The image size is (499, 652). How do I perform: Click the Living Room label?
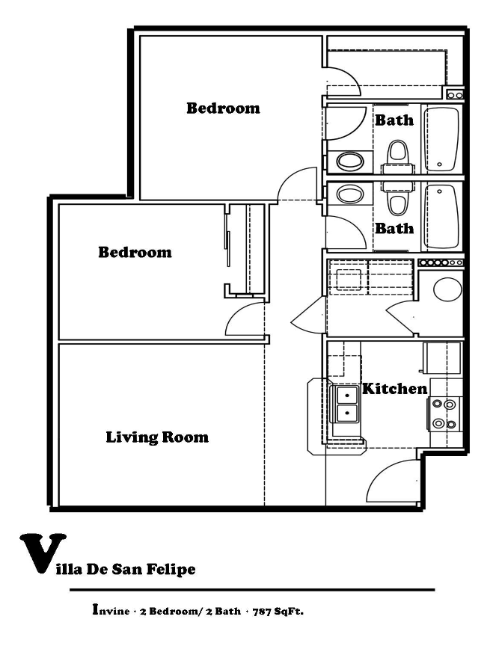click(x=157, y=437)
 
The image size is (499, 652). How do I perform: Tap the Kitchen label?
click(x=395, y=389)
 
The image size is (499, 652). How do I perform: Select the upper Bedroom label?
click(x=223, y=108)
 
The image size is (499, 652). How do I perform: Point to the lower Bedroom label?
click(x=135, y=252)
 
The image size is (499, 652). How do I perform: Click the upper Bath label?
click(x=394, y=120)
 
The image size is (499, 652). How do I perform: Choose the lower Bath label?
click(x=394, y=228)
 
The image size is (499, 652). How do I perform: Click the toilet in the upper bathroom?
click(x=397, y=156)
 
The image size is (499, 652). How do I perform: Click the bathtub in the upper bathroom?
click(x=441, y=140)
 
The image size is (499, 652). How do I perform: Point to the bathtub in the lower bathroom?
click(x=441, y=217)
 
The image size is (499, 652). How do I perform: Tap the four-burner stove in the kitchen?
click(x=444, y=414)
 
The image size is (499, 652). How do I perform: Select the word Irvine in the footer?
click(x=108, y=610)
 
